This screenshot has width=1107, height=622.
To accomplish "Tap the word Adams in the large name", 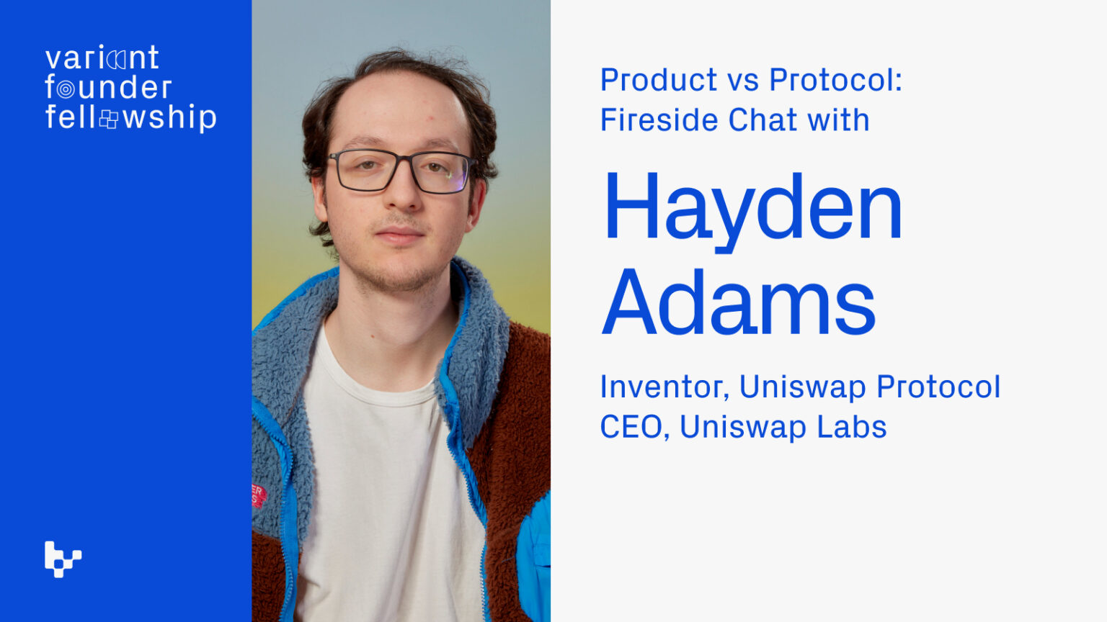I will click(738, 302).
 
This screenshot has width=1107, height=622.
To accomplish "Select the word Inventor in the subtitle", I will click(662, 387).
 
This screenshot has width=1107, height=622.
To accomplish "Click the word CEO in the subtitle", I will click(631, 427).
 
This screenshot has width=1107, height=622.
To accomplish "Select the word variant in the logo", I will click(102, 58).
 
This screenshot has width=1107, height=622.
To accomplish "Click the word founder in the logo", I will click(108, 88).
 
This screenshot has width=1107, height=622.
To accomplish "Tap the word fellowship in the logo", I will click(130, 118).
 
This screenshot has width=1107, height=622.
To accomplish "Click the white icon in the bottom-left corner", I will click(63, 559).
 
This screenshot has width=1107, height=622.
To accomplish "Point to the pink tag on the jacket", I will click(259, 495).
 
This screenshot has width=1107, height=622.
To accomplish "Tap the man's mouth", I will click(399, 235).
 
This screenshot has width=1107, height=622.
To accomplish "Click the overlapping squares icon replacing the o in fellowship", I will click(109, 119).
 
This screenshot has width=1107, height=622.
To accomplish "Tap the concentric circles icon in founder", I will click(66, 89).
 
